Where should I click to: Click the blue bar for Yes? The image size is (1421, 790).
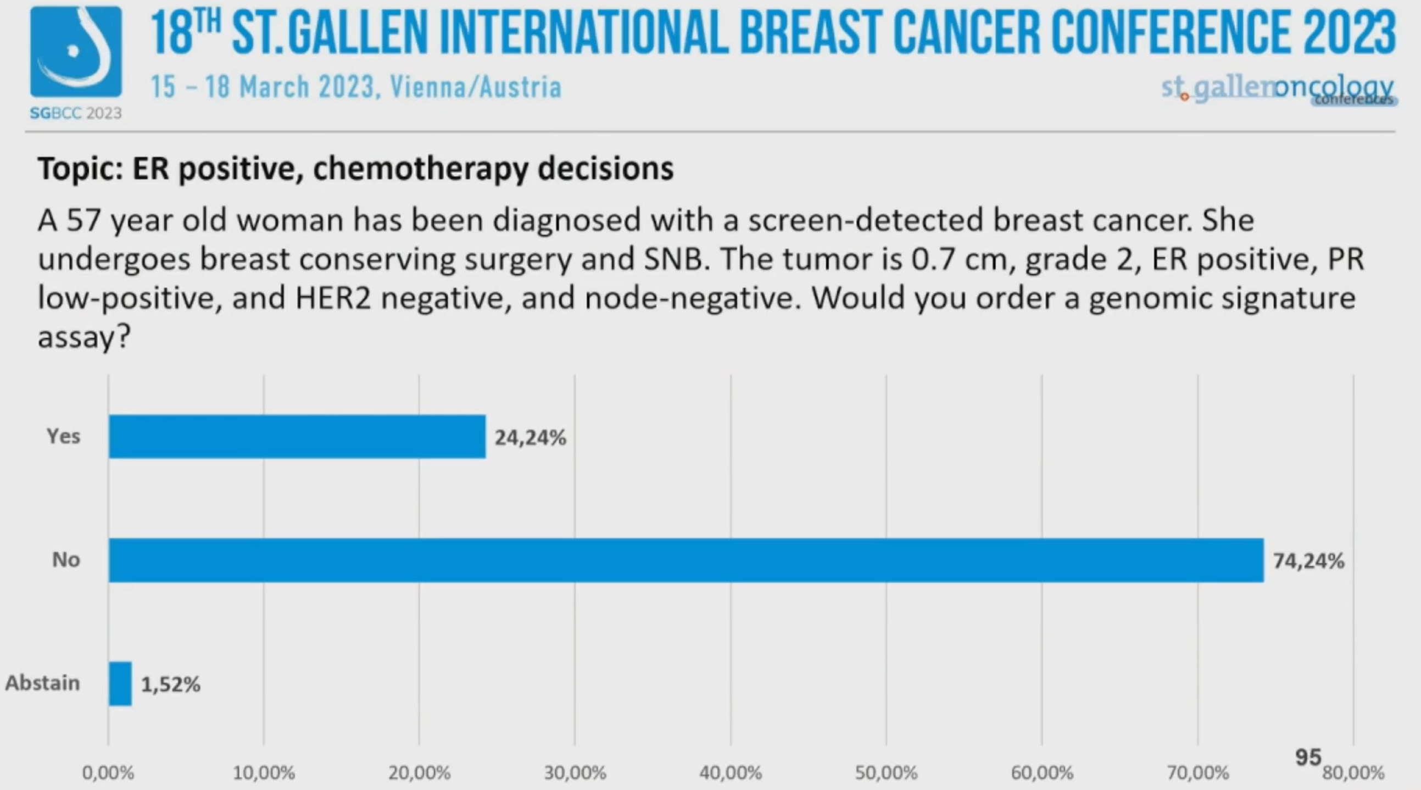(297, 436)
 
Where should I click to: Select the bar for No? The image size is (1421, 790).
(686, 560)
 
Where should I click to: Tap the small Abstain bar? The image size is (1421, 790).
(120, 683)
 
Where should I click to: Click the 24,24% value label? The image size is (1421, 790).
(530, 438)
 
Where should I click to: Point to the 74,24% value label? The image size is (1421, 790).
(1308, 561)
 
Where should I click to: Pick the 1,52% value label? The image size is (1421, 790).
(170, 685)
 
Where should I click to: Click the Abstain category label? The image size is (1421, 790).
(42, 683)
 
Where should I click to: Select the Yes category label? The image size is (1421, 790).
(63, 436)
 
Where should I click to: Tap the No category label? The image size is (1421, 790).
(66, 560)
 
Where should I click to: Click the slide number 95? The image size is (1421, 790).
(1308, 758)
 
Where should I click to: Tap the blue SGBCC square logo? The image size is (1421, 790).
(76, 52)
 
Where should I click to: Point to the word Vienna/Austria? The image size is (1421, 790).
(476, 87)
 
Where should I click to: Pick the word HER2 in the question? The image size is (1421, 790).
(333, 298)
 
